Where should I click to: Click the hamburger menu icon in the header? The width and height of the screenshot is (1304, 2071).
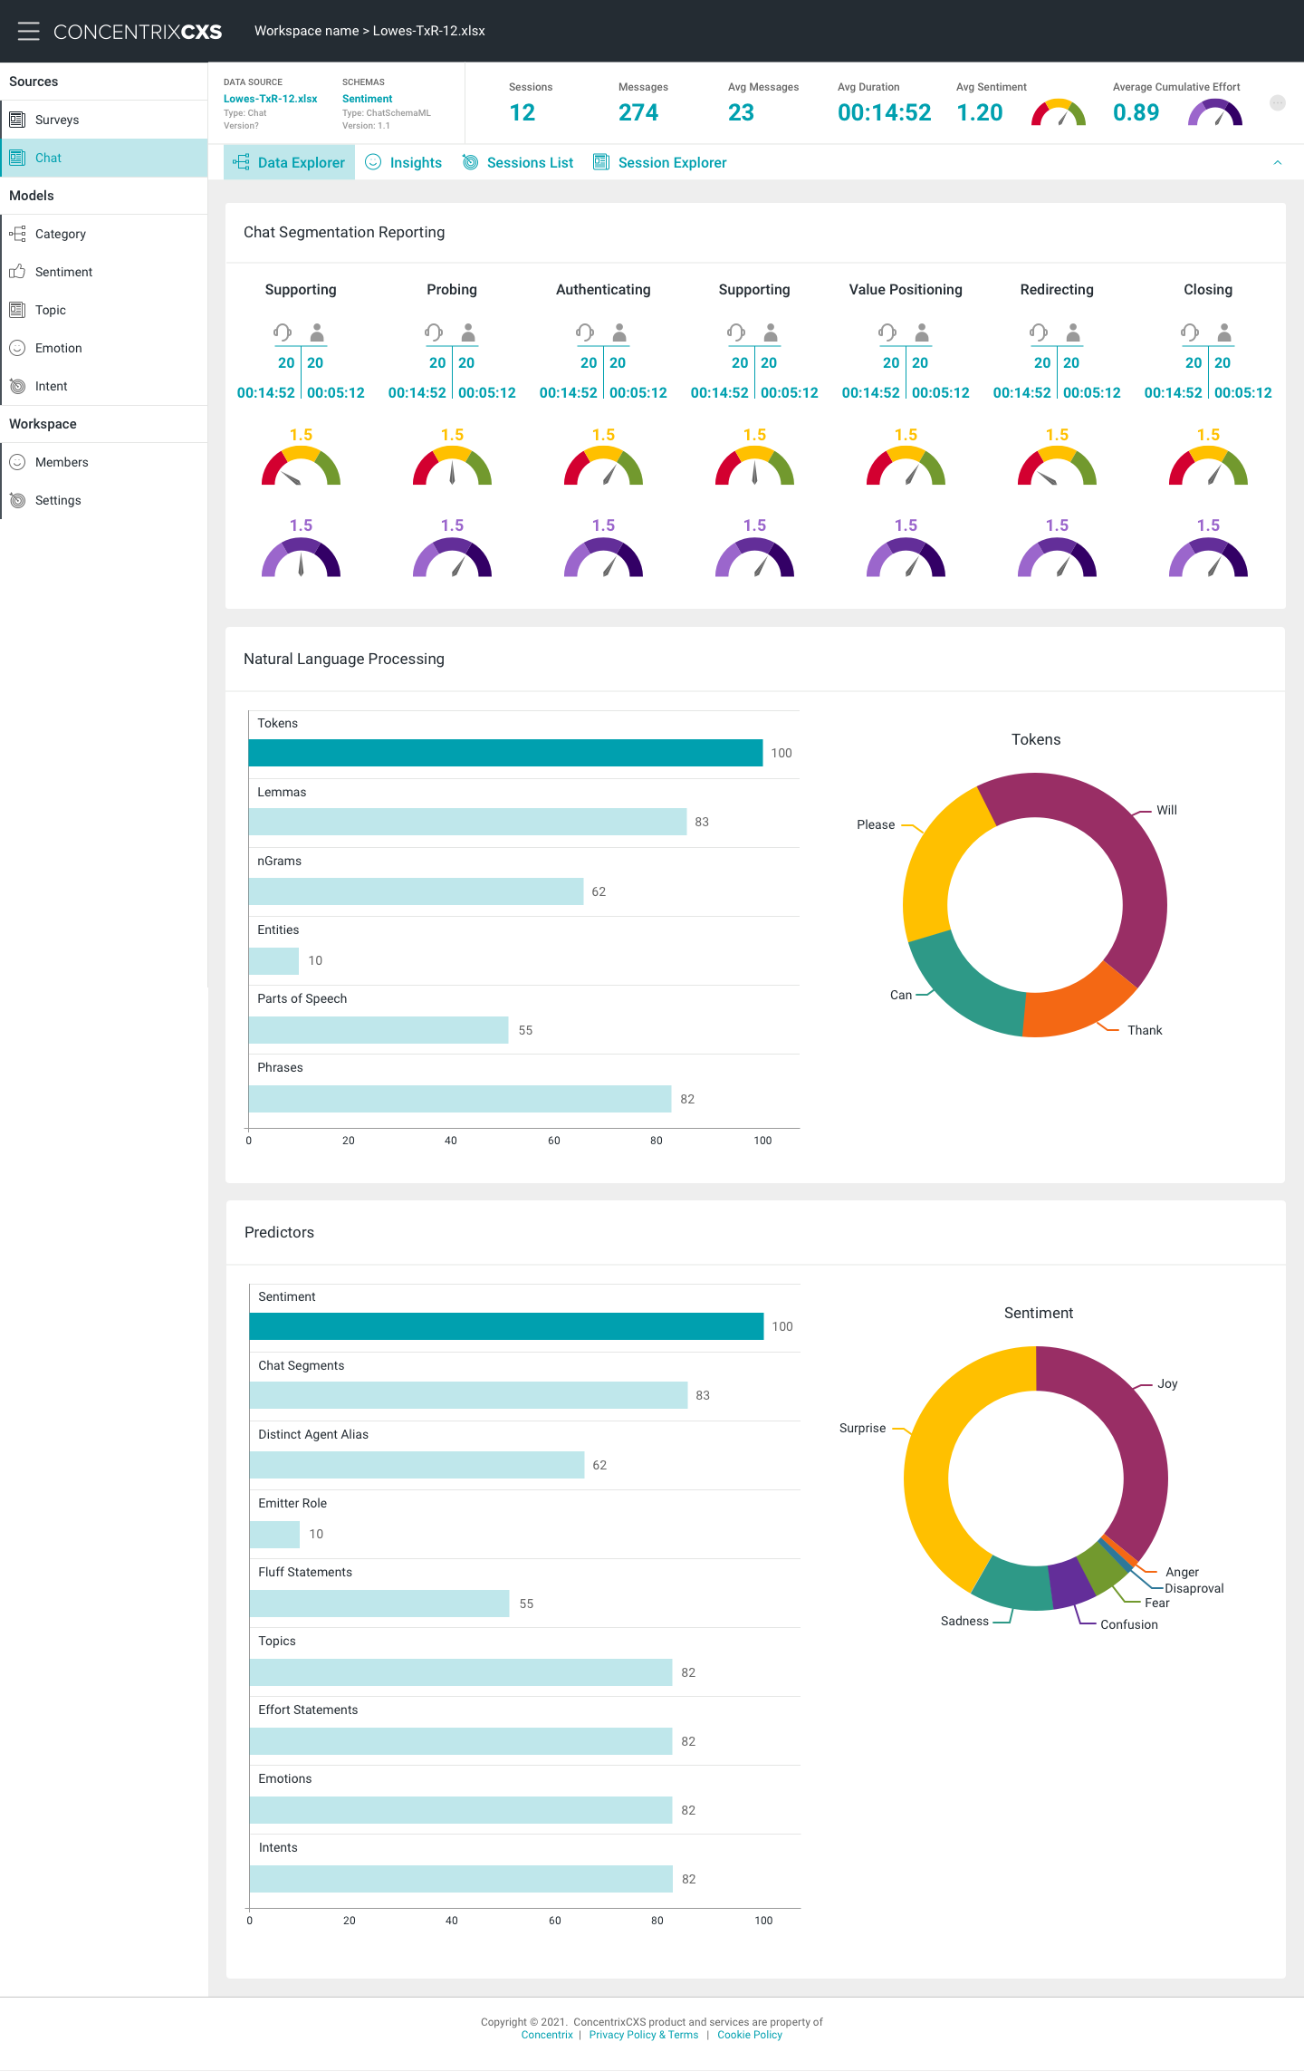pos(28,31)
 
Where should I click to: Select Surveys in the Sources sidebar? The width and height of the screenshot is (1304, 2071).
pos(56,120)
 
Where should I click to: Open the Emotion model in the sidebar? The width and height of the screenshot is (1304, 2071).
pos(58,348)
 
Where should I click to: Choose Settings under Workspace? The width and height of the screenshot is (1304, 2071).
pos(58,500)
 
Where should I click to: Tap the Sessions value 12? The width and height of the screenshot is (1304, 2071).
pos(523,112)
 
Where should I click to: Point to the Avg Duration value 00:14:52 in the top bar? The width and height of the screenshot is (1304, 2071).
pos(884,112)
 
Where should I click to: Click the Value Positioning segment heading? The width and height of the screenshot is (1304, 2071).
pos(906,290)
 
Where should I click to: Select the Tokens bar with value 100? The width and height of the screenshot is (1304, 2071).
pos(505,753)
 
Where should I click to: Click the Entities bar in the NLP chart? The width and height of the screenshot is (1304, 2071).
pos(273,960)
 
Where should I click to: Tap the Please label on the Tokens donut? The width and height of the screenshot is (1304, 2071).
pos(875,824)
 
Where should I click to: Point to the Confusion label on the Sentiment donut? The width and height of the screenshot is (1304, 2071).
pos(1128,1624)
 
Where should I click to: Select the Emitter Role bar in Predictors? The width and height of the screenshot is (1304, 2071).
pos(274,1534)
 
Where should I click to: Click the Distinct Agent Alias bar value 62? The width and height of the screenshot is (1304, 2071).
pos(599,1465)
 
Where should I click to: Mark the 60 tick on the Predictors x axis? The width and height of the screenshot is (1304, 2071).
pos(555,1921)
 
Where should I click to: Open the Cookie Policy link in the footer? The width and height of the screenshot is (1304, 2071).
pos(750,2035)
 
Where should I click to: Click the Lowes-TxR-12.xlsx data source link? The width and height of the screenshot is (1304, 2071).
pos(270,99)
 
